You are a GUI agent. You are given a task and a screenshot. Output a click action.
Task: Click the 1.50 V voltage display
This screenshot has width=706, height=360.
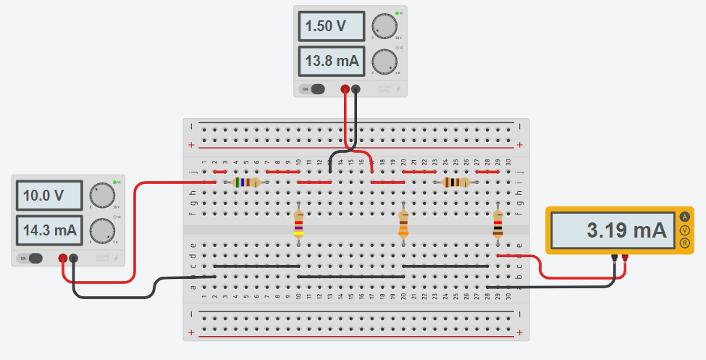pyautogui.click(x=329, y=27)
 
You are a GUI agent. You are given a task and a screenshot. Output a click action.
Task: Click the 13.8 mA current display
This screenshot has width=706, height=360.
pyautogui.click(x=329, y=62)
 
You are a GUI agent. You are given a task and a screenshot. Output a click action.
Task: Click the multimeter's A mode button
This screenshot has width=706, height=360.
pyautogui.click(x=685, y=217)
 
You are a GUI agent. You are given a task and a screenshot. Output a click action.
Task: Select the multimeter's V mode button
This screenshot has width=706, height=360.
pyautogui.click(x=685, y=230)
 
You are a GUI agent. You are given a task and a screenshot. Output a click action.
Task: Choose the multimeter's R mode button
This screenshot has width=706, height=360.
pyautogui.click(x=685, y=243)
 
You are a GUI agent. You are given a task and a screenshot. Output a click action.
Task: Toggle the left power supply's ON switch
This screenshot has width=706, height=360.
pyautogui.click(x=31, y=259)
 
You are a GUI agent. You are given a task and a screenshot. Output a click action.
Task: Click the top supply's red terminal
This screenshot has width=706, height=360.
pyautogui.click(x=345, y=90)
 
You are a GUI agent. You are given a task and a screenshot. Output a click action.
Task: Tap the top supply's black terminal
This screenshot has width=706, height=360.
pyautogui.click(x=356, y=90)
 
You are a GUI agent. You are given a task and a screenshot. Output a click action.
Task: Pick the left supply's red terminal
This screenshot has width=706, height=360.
pyautogui.click(x=63, y=258)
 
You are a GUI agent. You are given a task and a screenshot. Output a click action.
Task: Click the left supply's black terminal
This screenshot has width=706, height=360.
pyautogui.click(x=73, y=258)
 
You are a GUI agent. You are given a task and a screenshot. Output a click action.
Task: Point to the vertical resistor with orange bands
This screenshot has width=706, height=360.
pyautogui.click(x=403, y=225)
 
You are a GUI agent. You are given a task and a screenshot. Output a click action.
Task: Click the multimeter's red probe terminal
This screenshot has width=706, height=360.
pyautogui.click(x=624, y=257)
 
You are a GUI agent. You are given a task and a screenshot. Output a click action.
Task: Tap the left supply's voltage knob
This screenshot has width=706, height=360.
pyautogui.click(x=102, y=196)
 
